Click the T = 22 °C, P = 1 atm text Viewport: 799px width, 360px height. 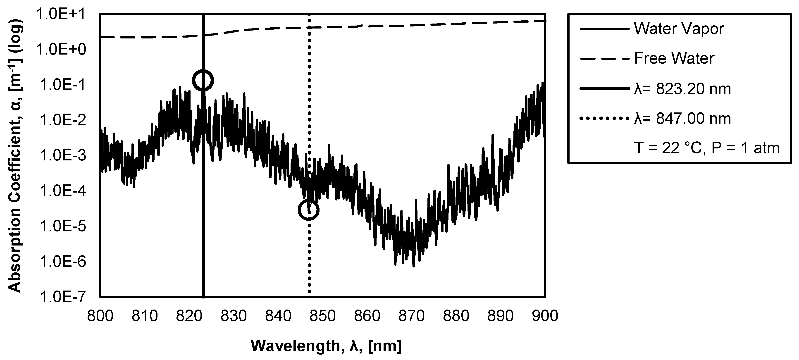point(707,148)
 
